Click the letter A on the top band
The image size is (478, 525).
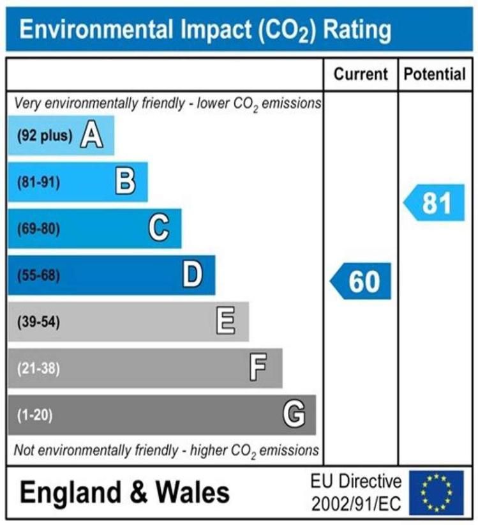[92, 135]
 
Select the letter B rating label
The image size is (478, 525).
[125, 182]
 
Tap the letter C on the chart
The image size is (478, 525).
[159, 229]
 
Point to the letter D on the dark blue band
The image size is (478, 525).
[192, 275]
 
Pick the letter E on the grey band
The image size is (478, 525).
[226, 321]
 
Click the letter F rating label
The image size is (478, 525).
[258, 368]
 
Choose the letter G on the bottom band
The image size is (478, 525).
[294, 415]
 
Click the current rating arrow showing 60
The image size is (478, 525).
[361, 281]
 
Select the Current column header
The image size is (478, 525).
[361, 74]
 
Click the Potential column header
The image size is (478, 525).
[435, 74]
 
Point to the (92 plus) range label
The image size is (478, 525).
[44, 136]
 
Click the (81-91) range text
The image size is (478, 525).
[38, 183]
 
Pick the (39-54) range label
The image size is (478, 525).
[38, 322]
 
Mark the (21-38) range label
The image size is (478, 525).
[38, 369]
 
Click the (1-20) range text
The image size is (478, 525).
[34, 415]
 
